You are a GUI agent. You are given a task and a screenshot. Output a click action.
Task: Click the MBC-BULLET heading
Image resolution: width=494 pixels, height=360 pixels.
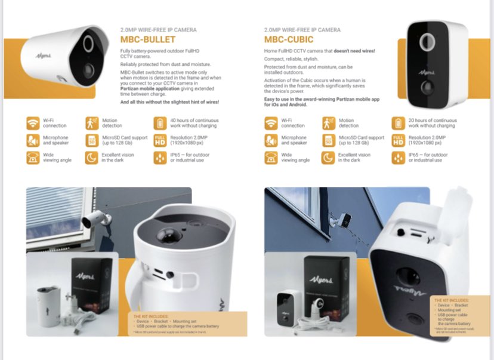point(147,39)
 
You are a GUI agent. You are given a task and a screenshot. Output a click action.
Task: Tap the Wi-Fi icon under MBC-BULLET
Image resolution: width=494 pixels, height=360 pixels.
point(32,124)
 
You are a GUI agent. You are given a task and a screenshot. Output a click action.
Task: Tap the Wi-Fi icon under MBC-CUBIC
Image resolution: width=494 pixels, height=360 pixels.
point(271,124)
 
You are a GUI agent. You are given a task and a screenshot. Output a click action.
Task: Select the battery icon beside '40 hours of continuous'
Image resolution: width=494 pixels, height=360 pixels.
point(160,124)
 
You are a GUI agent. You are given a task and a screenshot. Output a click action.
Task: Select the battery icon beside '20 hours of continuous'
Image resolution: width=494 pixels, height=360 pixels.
point(398,124)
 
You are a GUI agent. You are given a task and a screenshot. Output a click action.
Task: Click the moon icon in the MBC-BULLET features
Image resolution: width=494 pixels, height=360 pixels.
point(91,158)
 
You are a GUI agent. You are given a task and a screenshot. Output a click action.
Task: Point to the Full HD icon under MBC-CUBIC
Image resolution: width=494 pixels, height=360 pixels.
point(398,141)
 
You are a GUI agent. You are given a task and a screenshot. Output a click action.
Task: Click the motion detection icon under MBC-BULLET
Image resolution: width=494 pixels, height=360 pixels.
point(91,124)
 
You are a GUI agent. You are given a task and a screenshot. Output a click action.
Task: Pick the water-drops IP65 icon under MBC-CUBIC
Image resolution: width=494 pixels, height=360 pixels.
point(398,158)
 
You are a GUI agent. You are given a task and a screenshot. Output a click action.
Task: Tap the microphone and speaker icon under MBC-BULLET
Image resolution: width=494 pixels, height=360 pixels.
point(32,141)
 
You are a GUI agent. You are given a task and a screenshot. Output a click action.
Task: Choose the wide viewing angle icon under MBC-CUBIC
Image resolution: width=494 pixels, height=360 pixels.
point(271,158)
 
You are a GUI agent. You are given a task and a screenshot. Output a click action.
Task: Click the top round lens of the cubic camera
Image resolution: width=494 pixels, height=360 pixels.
point(427,42)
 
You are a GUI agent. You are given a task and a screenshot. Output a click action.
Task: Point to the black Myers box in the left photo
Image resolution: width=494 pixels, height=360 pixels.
point(92,284)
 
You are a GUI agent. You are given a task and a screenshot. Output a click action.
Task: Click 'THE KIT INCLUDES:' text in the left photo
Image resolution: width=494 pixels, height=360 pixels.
point(152,316)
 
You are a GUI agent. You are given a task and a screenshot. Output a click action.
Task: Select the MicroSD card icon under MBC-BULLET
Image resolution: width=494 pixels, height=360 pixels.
point(91,141)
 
